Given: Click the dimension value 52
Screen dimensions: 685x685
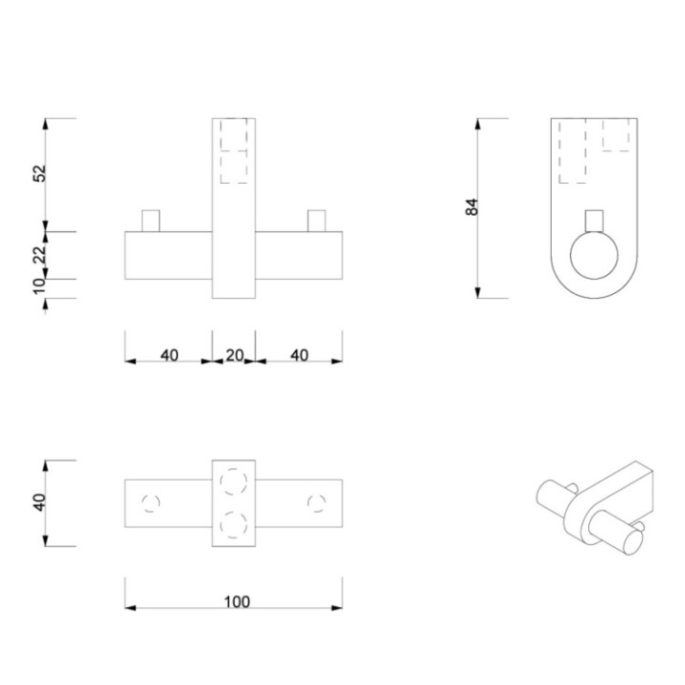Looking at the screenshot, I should pyautogui.click(x=40, y=174).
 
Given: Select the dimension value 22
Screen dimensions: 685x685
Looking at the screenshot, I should pyautogui.click(x=40, y=255).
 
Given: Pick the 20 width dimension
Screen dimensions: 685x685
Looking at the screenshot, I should pyautogui.click(x=234, y=355).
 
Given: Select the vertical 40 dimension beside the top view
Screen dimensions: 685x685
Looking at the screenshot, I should pyautogui.click(x=40, y=503).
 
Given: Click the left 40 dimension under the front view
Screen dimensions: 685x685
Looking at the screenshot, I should pyautogui.click(x=168, y=355).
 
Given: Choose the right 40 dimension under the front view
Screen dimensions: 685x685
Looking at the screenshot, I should pyautogui.click(x=299, y=355).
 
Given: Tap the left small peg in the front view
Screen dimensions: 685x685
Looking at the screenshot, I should pyautogui.click(x=150, y=221).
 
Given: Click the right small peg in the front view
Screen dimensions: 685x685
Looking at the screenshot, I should pyautogui.click(x=317, y=221).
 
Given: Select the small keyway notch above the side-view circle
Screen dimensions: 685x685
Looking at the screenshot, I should pyautogui.click(x=594, y=218).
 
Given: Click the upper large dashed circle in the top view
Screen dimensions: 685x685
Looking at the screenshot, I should pyautogui.click(x=233, y=481).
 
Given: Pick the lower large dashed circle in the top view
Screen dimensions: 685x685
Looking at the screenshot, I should pyautogui.click(x=233, y=524).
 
